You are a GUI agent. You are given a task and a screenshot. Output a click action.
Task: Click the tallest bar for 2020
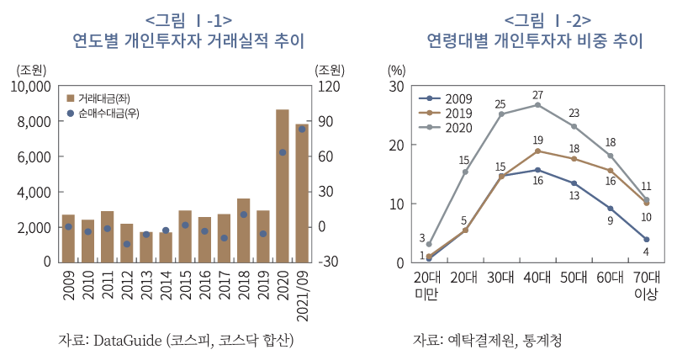[283, 185]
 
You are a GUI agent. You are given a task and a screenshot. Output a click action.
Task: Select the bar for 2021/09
[302, 193]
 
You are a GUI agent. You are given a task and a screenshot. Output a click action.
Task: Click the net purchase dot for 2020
[283, 152]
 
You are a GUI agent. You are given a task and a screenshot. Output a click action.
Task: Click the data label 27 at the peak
[537, 94]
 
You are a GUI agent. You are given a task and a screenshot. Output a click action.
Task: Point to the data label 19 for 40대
[537, 140]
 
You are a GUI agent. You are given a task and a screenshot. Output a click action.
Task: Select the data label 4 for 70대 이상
[645, 251]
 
